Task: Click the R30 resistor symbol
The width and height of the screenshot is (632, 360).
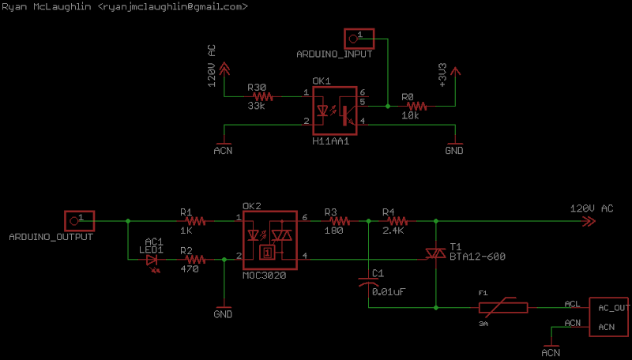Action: (263, 96)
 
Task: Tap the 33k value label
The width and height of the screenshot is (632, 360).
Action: (256, 107)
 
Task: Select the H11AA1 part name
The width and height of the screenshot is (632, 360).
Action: (330, 141)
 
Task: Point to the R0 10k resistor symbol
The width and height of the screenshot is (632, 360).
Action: (417, 107)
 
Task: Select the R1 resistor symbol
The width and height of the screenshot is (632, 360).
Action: (195, 221)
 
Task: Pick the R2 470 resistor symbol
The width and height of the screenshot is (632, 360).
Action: (195, 260)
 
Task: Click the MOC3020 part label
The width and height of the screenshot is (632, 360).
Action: (265, 276)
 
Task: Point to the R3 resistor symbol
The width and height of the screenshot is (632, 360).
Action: (340, 221)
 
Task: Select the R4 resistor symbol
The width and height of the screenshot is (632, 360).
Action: (398, 221)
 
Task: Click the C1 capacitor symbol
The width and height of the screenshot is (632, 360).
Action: (368, 281)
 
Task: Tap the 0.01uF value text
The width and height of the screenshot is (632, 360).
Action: (389, 292)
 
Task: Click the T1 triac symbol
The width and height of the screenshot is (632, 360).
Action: (436, 253)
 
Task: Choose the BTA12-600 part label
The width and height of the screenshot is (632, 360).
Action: (478, 257)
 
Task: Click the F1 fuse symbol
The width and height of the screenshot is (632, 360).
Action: (503, 308)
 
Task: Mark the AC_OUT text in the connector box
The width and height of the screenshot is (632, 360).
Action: (614, 308)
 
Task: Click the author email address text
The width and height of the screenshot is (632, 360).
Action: (173, 7)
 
